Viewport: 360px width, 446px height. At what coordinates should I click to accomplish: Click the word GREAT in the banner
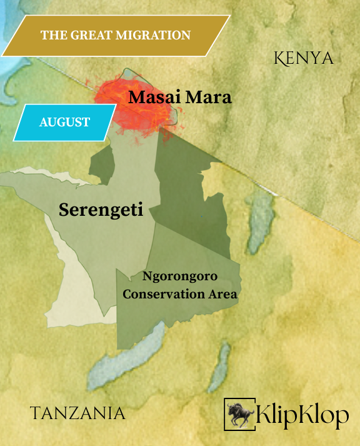click(x=88, y=35)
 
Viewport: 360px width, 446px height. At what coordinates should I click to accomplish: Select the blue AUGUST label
click(x=64, y=122)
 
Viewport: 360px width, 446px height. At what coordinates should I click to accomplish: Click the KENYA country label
click(x=304, y=59)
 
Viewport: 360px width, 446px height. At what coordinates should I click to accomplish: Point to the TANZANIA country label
click(x=77, y=413)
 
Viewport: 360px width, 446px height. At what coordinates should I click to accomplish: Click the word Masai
click(x=153, y=98)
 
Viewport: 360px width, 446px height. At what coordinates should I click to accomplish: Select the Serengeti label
click(x=101, y=210)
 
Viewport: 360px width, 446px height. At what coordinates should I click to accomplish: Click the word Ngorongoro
click(x=182, y=277)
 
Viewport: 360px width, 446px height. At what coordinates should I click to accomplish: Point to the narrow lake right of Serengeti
click(x=258, y=225)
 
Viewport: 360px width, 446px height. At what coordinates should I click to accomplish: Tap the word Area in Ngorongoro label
click(x=222, y=294)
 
